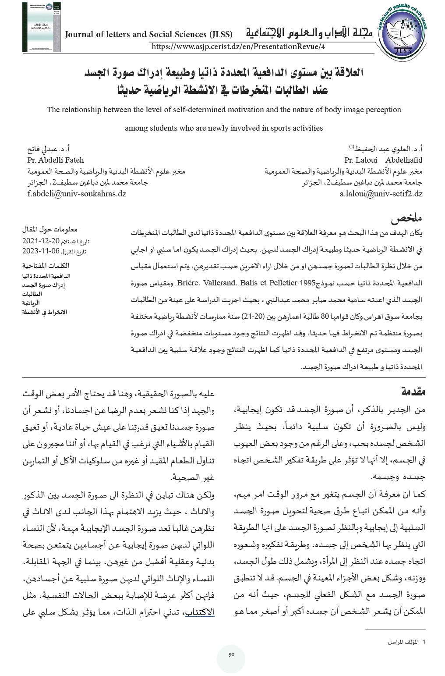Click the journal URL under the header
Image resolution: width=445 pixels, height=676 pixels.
239,46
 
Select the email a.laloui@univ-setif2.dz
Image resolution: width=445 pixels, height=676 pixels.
381,193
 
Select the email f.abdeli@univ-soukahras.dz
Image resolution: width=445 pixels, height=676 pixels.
77,193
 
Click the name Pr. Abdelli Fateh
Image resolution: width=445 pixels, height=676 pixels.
55,160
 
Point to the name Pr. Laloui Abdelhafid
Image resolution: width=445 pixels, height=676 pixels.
383,160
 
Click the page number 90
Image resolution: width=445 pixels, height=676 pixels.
231,655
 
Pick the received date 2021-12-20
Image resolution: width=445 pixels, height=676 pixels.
40,241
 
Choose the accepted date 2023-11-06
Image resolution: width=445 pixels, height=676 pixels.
40,251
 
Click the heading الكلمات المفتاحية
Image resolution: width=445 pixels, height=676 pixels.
46,266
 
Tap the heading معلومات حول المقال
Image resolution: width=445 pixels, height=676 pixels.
50,229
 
